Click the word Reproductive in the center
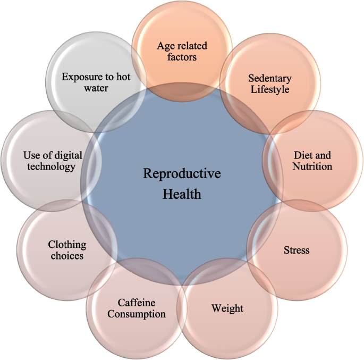coord(182,174)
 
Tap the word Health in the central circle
coord(182,194)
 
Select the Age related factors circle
coord(182,51)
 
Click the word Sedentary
coord(270,79)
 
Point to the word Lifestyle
coord(270,89)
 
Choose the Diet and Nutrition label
coord(313,161)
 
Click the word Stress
coord(296,249)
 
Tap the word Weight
coord(227,308)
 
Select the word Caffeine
coord(137,303)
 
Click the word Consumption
coord(137,314)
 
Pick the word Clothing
coord(67,245)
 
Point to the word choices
coord(67,256)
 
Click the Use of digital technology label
coord(53,161)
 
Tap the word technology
coord(53,166)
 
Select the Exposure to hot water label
coord(96,82)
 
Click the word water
coord(96,88)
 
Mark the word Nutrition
coord(313,166)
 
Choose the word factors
coord(182,57)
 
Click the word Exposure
coord(81,77)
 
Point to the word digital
coord(67,155)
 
